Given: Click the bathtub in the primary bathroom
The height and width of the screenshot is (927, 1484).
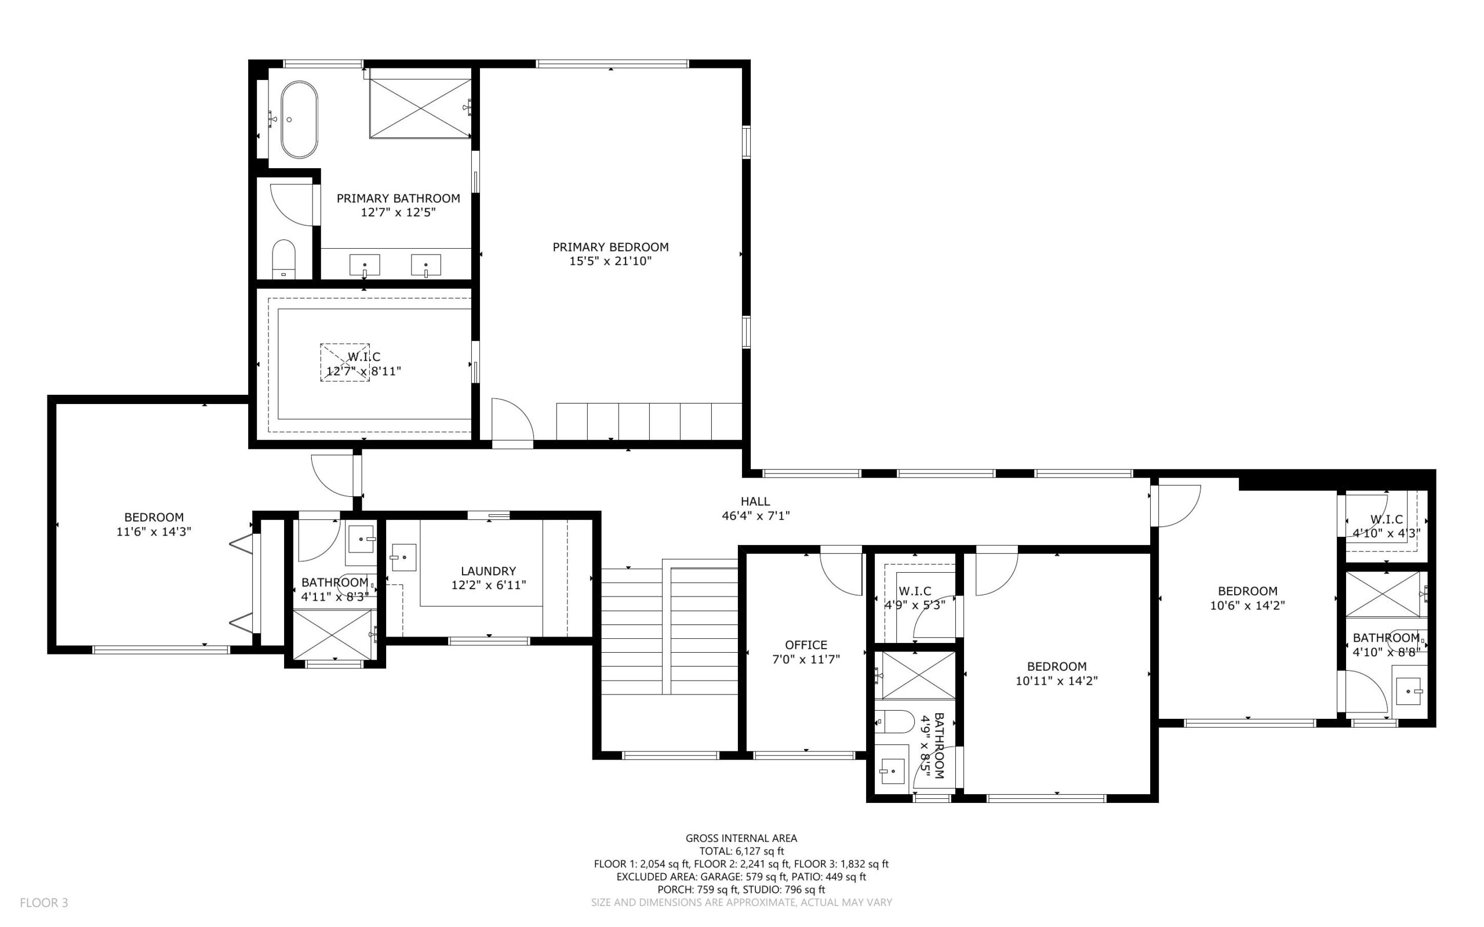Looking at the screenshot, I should pyautogui.click(x=299, y=120).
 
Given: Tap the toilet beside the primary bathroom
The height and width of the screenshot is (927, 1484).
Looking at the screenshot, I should pyautogui.click(x=283, y=259).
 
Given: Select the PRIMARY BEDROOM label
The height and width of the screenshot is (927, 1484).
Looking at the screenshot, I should pyautogui.click(x=610, y=247).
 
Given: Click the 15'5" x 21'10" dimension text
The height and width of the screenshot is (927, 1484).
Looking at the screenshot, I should pyautogui.click(x=610, y=262).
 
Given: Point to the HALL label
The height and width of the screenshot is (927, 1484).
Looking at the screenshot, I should pyautogui.click(x=755, y=501).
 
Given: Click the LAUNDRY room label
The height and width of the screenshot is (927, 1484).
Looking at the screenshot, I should pyautogui.click(x=488, y=571).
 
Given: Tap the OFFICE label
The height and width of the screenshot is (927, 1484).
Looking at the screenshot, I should pyautogui.click(x=805, y=645).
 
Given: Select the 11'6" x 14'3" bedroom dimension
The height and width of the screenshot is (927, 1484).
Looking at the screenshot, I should pyautogui.click(x=154, y=532).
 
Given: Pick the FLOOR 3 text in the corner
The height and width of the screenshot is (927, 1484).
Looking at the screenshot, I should pyautogui.click(x=43, y=903).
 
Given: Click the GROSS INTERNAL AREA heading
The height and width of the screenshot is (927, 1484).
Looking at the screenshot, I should pyautogui.click(x=740, y=838).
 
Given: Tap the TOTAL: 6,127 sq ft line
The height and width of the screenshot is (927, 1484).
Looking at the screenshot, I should pyautogui.click(x=740, y=851).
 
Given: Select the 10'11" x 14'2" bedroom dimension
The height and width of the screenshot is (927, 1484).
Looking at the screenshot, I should pyautogui.click(x=1056, y=681).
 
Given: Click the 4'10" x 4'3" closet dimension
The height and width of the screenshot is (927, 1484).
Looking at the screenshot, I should pyautogui.click(x=1386, y=533).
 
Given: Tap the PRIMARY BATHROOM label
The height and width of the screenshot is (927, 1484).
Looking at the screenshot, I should pyautogui.click(x=398, y=199).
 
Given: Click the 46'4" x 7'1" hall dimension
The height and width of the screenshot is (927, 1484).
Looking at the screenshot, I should pyautogui.click(x=755, y=516).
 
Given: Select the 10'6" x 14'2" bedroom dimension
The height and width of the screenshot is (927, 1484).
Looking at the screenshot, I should pyautogui.click(x=1247, y=606).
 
